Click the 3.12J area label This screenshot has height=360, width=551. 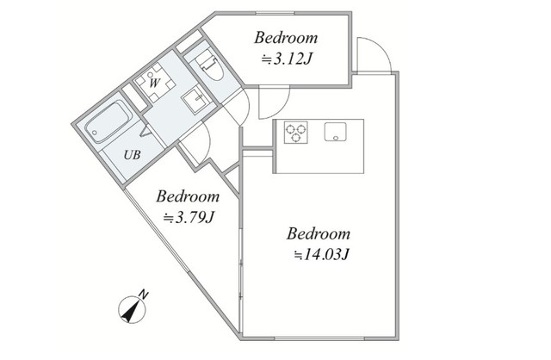pos(286,59)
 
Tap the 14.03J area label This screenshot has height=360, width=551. pos(321,255)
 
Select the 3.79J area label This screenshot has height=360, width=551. pos(189,218)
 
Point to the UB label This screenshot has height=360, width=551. pos(132,155)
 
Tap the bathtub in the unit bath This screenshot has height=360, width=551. pos(109,121)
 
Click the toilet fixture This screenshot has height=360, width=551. pos(210,65)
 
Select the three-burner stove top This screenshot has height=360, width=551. pos(296,132)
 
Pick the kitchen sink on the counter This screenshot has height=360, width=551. pos(335,132)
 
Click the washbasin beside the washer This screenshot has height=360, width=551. pos(196,99)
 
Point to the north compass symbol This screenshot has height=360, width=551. pos(132,310)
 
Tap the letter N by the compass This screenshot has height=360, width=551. pos(144,295)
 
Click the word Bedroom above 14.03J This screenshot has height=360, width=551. pos(319,233)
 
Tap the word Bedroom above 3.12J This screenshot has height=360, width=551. pos(286,38)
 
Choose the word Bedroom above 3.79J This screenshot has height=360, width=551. pos(188,196)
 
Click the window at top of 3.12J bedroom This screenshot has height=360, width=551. pos(275,14)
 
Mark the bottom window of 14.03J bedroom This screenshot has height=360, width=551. pos(319,338)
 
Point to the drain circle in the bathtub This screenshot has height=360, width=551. pos(94,133)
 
